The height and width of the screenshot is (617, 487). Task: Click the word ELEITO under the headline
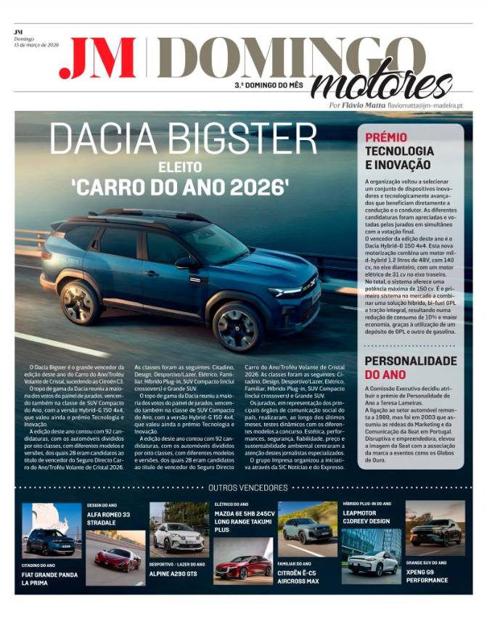click(x=179, y=167)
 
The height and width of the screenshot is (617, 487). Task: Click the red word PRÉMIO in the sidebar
click(x=386, y=138)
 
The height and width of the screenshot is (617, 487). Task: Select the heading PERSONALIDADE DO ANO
click(x=410, y=367)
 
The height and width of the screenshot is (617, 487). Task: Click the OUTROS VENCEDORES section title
click(x=243, y=487)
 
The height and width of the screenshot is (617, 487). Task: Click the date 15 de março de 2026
click(x=36, y=44)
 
